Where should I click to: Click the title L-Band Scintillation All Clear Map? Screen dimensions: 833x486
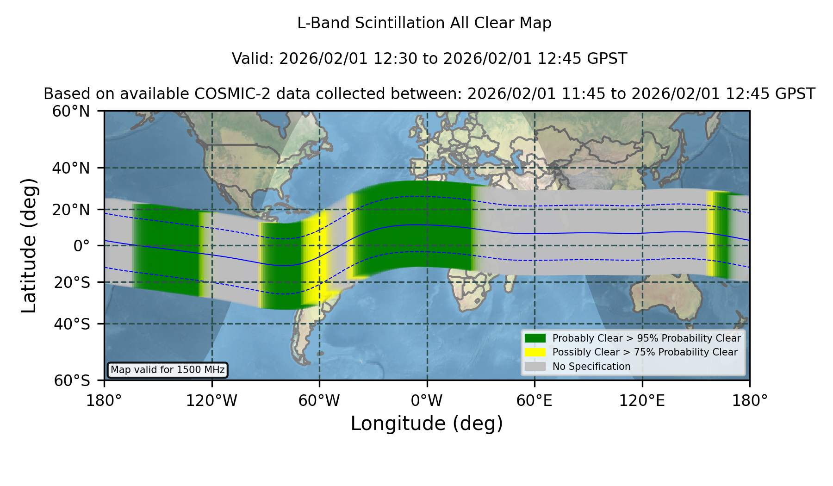tap(424, 23)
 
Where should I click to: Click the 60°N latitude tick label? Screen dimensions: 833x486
tap(71, 112)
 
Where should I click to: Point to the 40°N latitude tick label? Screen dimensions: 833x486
tap(71, 168)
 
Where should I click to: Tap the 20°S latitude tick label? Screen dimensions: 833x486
tap(72, 282)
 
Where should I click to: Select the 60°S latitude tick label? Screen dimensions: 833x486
tap(72, 380)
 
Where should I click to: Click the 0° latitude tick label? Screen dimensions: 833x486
tap(81, 246)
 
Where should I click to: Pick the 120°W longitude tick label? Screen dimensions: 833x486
tap(211, 400)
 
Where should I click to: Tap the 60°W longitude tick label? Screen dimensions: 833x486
tap(319, 400)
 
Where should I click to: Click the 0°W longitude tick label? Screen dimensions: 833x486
tap(427, 400)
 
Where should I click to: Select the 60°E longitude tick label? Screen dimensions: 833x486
tap(535, 400)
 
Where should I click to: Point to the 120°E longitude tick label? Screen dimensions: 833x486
tap(642, 400)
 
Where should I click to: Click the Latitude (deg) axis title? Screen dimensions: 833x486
tap(29, 245)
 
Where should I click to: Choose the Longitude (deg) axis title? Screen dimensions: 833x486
tap(427, 424)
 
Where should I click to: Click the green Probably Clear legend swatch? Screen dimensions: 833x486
tap(535, 338)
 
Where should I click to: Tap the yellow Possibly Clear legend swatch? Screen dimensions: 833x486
tap(535, 352)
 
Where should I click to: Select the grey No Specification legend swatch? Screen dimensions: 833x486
tap(535, 367)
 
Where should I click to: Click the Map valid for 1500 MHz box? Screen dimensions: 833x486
tap(168, 370)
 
